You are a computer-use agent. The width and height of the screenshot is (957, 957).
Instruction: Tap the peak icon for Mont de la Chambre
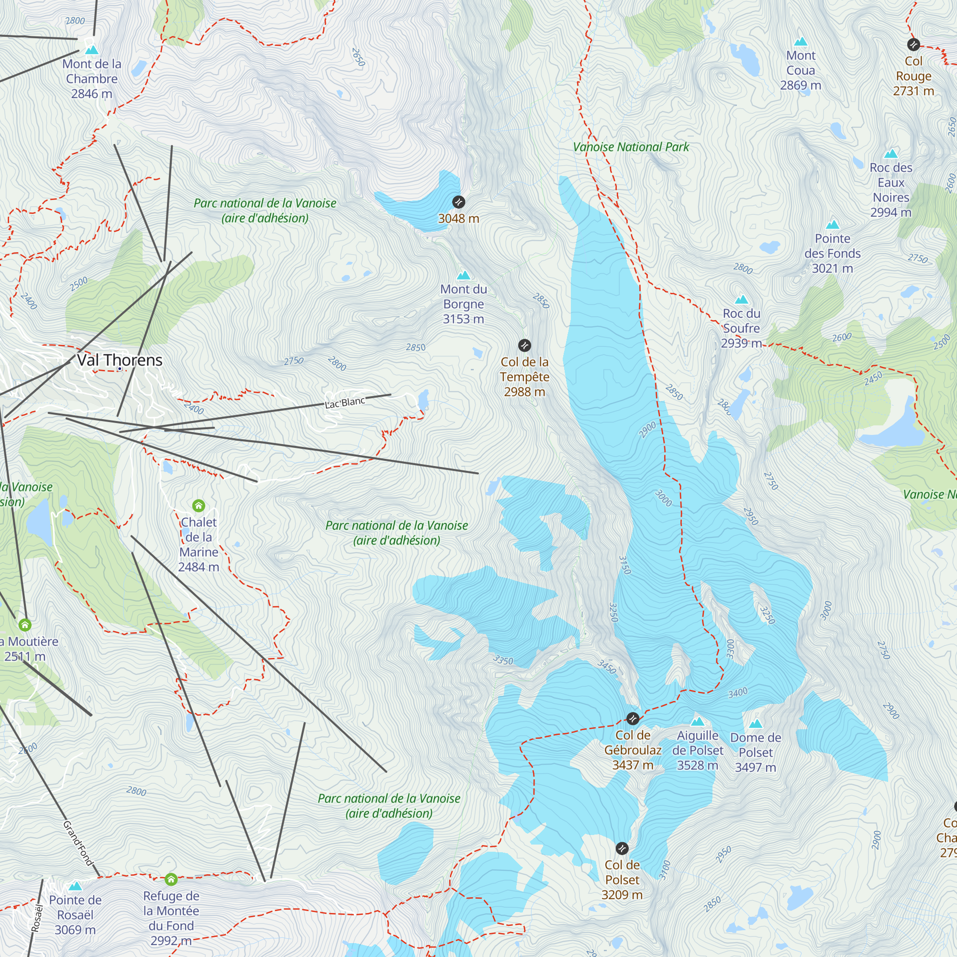(92, 50)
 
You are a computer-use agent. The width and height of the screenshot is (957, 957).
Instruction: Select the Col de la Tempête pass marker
(524, 345)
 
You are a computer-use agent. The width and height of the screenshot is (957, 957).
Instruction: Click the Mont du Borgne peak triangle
(464, 276)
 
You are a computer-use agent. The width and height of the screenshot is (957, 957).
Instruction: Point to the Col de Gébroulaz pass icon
(633, 718)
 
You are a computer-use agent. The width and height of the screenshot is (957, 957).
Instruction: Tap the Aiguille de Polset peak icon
(698, 721)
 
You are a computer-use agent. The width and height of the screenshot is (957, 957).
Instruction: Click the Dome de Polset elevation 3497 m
(756, 768)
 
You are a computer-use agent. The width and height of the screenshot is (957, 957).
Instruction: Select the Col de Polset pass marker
(622, 848)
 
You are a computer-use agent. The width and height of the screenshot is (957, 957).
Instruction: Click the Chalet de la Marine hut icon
(199, 506)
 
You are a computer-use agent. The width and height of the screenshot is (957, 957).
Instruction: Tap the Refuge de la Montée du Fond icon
(171, 879)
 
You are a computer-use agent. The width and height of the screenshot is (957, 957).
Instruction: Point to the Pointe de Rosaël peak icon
(75, 886)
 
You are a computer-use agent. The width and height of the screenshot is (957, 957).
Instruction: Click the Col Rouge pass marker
(913, 45)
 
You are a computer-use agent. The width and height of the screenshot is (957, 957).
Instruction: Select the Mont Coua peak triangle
(801, 42)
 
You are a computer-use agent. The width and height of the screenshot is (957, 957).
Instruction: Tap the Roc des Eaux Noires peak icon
(890, 154)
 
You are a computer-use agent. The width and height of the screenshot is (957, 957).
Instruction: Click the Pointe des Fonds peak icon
(832, 225)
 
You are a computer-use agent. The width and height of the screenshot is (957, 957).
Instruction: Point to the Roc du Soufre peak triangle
(741, 300)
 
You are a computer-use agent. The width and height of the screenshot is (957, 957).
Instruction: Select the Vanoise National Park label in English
(631, 147)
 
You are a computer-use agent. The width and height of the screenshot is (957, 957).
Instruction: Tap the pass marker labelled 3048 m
(459, 202)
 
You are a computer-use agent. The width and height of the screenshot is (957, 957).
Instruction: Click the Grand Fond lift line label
(78, 843)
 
